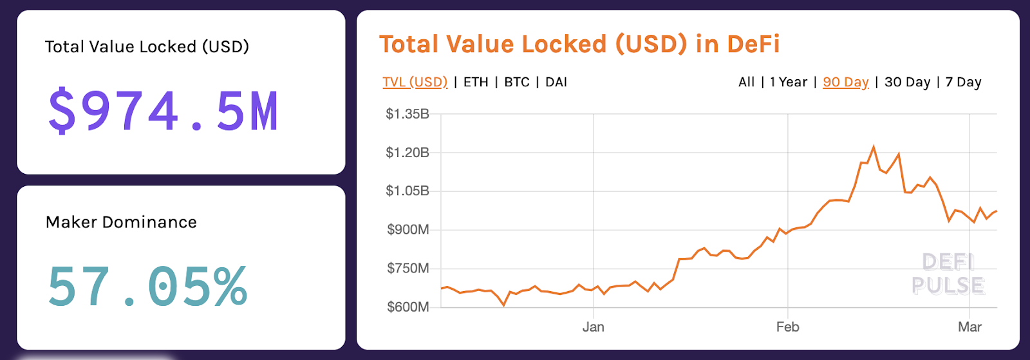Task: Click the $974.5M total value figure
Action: pos(164,111)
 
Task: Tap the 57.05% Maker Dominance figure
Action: pos(147,287)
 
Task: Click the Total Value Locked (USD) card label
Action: pos(147,47)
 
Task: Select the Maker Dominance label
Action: pos(121,222)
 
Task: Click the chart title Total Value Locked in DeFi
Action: pos(579,44)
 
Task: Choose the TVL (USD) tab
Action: pos(415,82)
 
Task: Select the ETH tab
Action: pos(476,82)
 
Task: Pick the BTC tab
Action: pos(517,82)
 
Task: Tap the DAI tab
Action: pos(556,82)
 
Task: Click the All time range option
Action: pos(746,82)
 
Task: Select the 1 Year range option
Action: pos(788,82)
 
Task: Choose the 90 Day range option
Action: pos(845,82)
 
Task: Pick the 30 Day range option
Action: pos(907,82)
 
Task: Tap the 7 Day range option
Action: pos(963,82)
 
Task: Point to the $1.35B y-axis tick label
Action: pos(407,114)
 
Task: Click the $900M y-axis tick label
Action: pos(407,230)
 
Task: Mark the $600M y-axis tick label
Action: pos(407,307)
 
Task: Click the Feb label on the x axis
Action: pos(787,327)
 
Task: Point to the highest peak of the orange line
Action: pos(874,147)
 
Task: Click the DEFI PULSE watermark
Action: pos(948,274)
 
